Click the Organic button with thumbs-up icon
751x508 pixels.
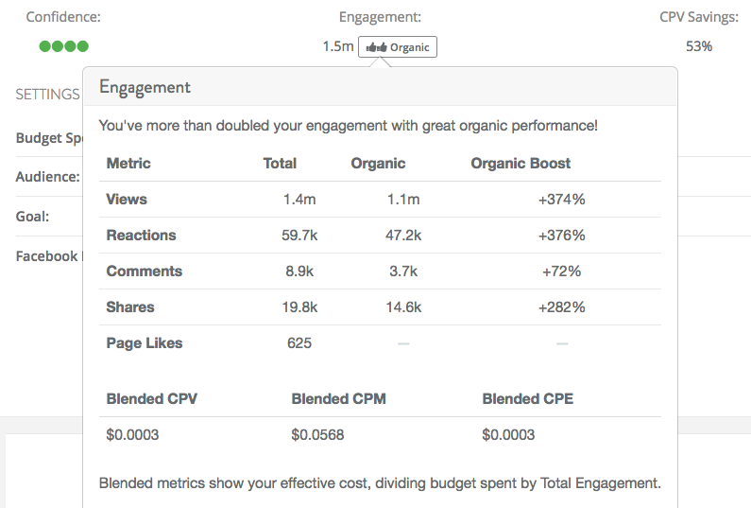pos(398,47)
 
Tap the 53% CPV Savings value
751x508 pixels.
pos(699,46)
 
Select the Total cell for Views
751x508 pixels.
pos(299,199)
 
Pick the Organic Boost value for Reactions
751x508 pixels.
pos(562,235)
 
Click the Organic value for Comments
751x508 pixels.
pos(403,272)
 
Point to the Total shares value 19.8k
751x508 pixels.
pos(299,307)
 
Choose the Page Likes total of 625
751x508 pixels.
pos(299,343)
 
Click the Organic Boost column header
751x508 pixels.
pos(521,164)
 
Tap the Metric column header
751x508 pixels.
pos(128,164)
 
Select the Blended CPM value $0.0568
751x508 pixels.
pos(317,434)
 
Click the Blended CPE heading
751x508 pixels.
pos(528,398)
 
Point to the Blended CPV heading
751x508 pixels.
pos(152,398)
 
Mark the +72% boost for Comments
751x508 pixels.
pos(562,272)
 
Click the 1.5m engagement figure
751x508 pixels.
pos(338,46)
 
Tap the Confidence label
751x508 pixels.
pos(63,17)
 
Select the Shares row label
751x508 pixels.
pos(130,307)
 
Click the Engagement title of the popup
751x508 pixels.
pos(145,88)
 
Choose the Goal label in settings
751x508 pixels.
pos(32,217)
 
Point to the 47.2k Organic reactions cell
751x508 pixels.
pos(403,235)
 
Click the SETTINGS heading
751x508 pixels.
pos(47,94)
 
